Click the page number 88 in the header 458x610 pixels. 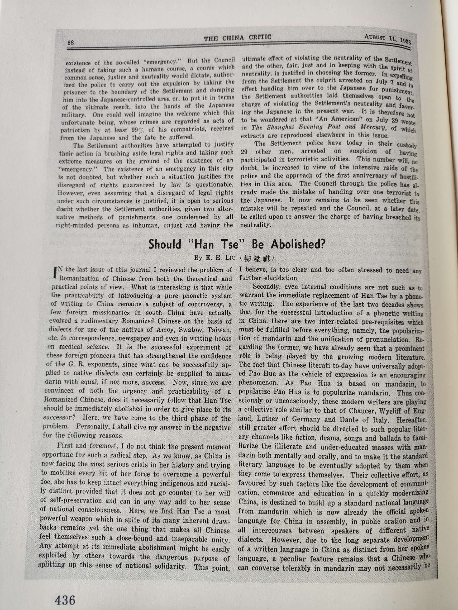71,43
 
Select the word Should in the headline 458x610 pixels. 165,245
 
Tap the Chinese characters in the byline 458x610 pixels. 256,258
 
